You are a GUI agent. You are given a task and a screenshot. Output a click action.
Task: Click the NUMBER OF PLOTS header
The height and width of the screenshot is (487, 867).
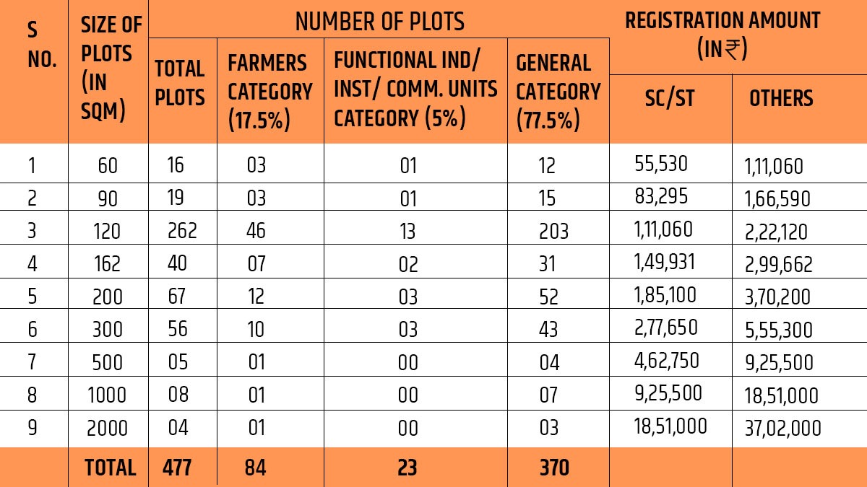[x=379, y=22]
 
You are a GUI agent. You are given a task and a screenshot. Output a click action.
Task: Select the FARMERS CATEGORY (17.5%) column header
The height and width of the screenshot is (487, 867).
[x=269, y=92]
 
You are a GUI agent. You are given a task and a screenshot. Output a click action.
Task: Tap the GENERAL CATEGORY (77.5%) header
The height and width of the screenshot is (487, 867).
[x=558, y=92]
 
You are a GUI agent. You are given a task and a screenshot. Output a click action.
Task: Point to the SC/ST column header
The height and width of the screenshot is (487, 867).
[x=669, y=98]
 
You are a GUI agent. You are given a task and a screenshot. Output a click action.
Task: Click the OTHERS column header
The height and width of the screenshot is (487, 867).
[x=780, y=98]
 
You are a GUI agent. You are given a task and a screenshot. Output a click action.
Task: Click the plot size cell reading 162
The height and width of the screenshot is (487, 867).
[x=107, y=264]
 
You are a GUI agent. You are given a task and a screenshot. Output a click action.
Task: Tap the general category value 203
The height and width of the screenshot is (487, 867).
[x=553, y=231]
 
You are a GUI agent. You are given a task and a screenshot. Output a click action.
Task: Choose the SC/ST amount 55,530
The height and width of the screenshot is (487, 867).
[x=660, y=164]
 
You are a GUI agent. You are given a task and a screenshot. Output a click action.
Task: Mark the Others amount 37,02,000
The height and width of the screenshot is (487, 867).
[x=782, y=429]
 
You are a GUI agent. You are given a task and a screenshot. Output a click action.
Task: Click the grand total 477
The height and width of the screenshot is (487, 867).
[x=177, y=468]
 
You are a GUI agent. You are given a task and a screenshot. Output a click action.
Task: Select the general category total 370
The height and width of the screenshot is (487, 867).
[x=554, y=468]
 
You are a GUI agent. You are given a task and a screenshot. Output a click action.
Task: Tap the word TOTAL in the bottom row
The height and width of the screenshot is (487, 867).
[x=110, y=468]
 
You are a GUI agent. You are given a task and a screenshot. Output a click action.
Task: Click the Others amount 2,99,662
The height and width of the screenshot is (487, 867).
[x=778, y=264]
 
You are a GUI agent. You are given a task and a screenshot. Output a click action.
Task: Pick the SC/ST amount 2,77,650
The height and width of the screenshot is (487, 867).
[x=665, y=328]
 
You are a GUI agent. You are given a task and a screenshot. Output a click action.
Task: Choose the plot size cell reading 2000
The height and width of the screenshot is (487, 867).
[x=107, y=429]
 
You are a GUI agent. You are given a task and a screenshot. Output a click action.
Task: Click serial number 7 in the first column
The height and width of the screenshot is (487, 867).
[x=31, y=362]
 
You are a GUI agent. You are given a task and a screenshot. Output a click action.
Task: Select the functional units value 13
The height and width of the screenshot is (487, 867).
[x=408, y=231]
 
